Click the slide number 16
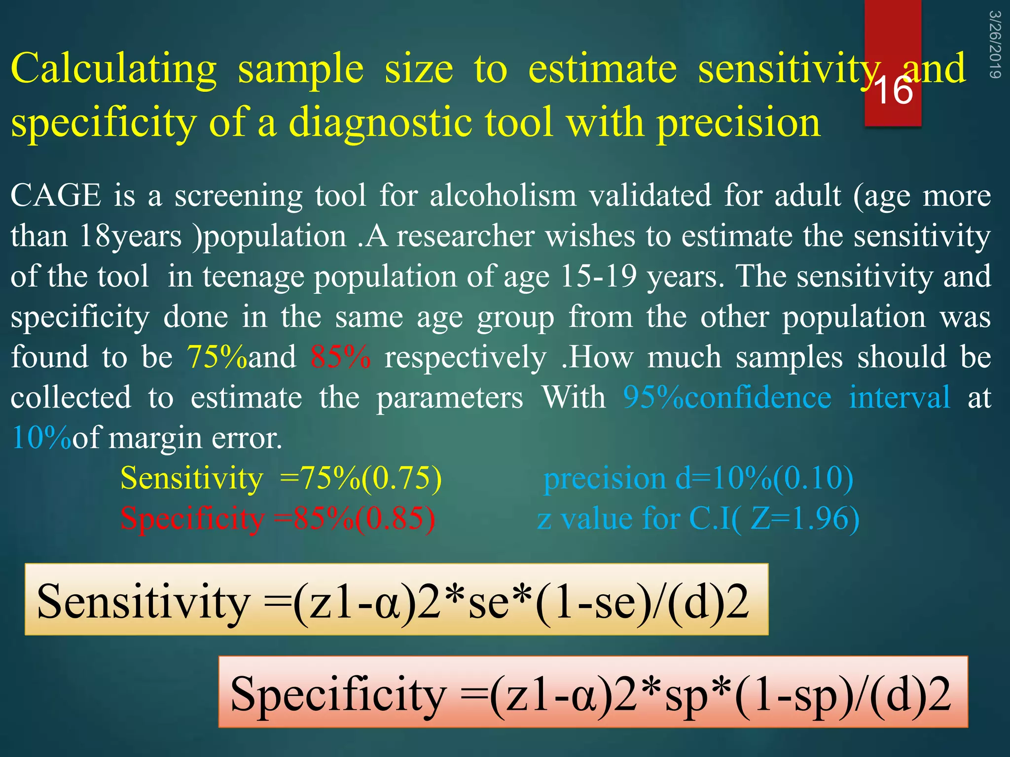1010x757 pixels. [x=893, y=91]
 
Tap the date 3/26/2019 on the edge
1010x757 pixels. [x=995, y=44]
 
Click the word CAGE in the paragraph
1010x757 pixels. [x=56, y=196]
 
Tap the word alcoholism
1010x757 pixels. [x=503, y=196]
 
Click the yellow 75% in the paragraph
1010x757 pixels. [x=216, y=357]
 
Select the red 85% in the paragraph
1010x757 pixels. [x=340, y=357]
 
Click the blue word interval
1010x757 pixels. [x=899, y=397]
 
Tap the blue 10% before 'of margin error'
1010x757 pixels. [x=41, y=438]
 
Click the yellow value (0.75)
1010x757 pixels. [x=401, y=478]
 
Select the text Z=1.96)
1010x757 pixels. [x=804, y=518]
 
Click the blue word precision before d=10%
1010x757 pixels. [x=605, y=478]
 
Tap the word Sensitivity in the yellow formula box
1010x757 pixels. [x=143, y=601]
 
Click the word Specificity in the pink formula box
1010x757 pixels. [x=338, y=694]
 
